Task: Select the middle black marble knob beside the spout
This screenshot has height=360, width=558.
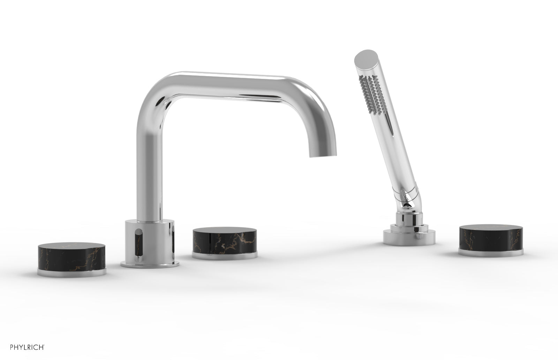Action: [225, 239]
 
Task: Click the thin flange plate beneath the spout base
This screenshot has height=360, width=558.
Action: [150, 265]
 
